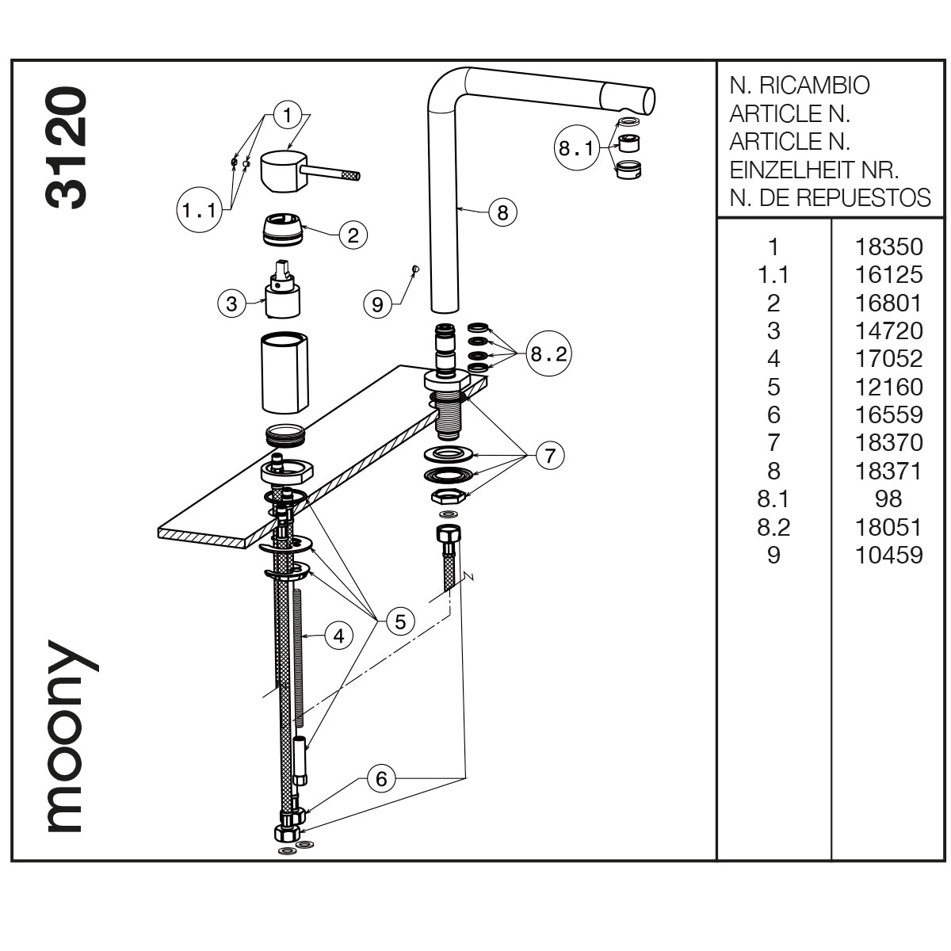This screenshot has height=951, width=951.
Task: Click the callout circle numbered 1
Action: (288, 115)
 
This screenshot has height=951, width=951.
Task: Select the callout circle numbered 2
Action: (353, 235)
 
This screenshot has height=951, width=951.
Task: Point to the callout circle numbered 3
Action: (231, 304)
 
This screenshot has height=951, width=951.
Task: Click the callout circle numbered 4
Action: (338, 636)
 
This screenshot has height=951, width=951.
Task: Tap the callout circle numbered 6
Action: (381, 779)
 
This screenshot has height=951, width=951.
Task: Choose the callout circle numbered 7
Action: (550, 455)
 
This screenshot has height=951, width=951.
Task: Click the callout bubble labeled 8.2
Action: (548, 354)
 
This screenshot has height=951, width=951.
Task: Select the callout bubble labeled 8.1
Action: (575, 149)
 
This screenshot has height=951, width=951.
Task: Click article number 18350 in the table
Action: (888, 246)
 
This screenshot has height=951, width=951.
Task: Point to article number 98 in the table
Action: (888, 498)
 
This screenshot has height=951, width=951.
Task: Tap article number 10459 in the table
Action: (888, 555)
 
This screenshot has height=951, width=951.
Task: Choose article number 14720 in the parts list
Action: (888, 330)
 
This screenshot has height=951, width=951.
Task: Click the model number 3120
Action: (66, 148)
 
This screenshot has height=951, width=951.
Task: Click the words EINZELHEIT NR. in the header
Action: (813, 170)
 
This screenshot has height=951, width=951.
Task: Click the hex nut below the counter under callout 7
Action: (449, 497)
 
